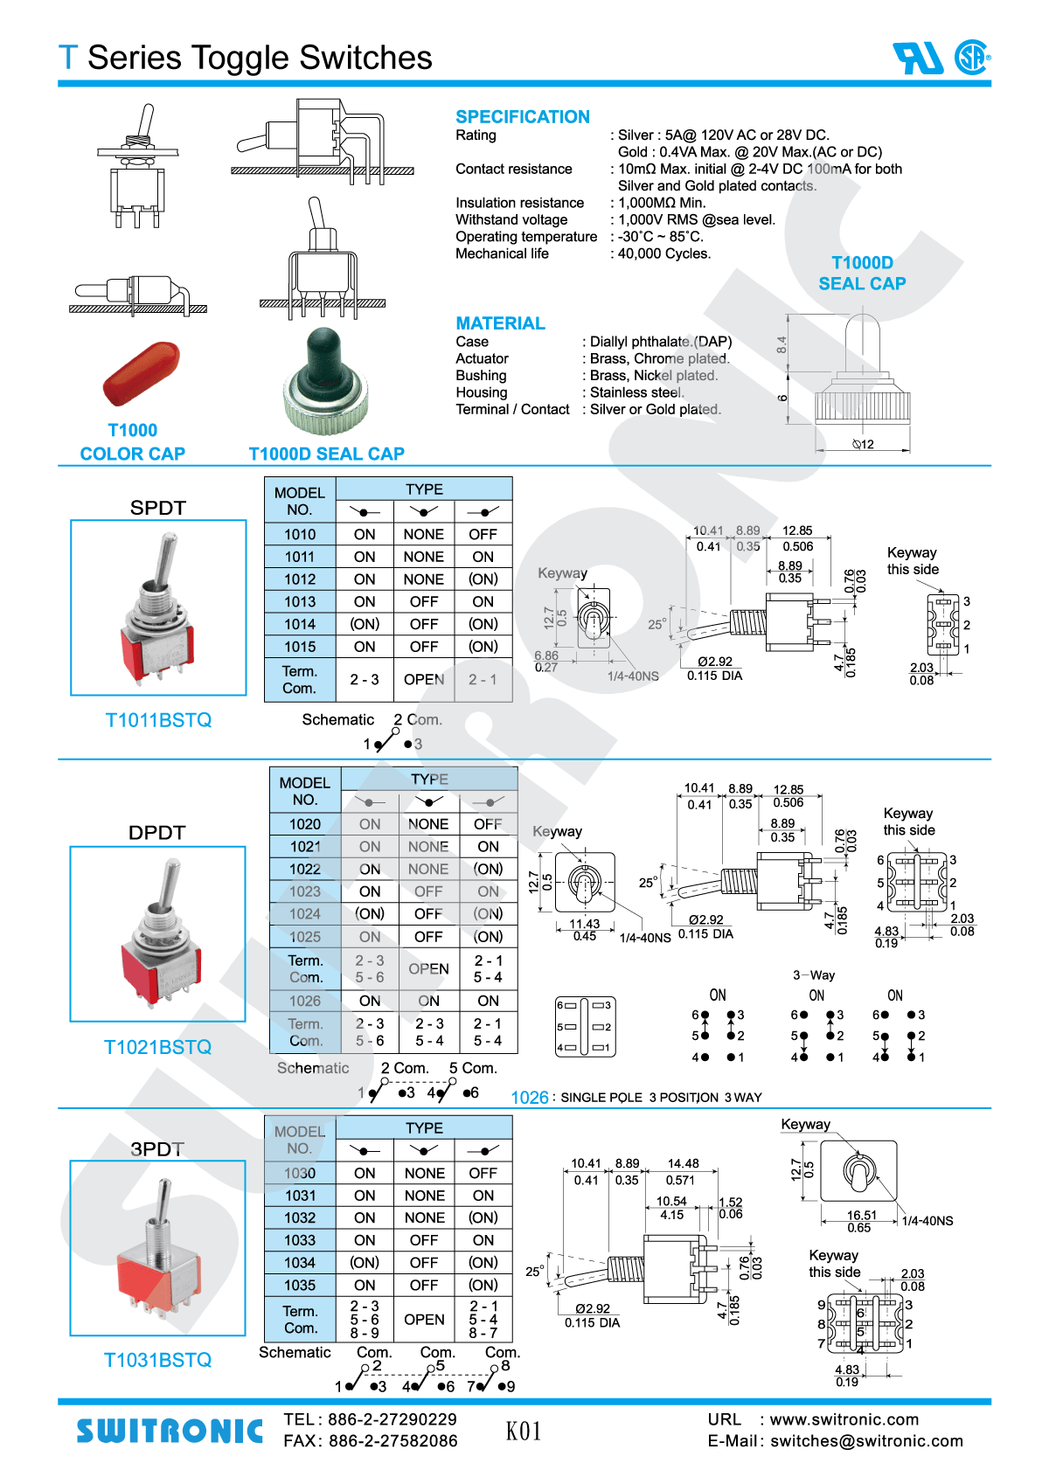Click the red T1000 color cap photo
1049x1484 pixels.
pyautogui.click(x=142, y=373)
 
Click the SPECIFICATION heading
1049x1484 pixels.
pyautogui.click(x=522, y=117)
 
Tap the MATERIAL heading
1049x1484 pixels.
pyautogui.click(x=500, y=323)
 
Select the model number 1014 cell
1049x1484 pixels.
pyautogui.click(x=299, y=624)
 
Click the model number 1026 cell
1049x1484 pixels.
pyautogui.click(x=304, y=1001)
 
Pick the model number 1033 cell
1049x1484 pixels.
pyautogui.click(x=299, y=1240)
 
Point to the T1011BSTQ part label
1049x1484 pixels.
pyautogui.click(x=158, y=720)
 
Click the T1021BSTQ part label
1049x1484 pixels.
pyautogui.click(x=157, y=1047)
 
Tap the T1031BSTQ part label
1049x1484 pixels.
pyautogui.click(x=157, y=1360)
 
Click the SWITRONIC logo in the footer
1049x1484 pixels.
pyautogui.click(x=170, y=1431)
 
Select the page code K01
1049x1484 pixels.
pyautogui.click(x=524, y=1431)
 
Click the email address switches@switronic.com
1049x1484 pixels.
pyautogui.click(x=866, y=1441)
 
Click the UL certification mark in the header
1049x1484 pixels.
pyautogui.click(x=917, y=59)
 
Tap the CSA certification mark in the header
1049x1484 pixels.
pyautogui.click(x=971, y=58)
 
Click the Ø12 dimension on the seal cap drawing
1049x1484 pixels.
pyautogui.click(x=864, y=444)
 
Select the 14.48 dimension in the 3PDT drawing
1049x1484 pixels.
pyautogui.click(x=683, y=1163)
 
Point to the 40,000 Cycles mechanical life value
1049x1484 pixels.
pyautogui.click(x=664, y=253)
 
